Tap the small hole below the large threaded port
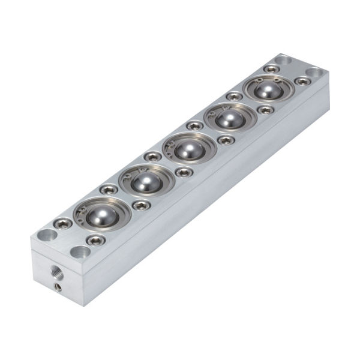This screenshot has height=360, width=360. tap(59, 288)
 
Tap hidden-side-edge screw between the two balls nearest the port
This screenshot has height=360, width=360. tap(109, 189)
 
